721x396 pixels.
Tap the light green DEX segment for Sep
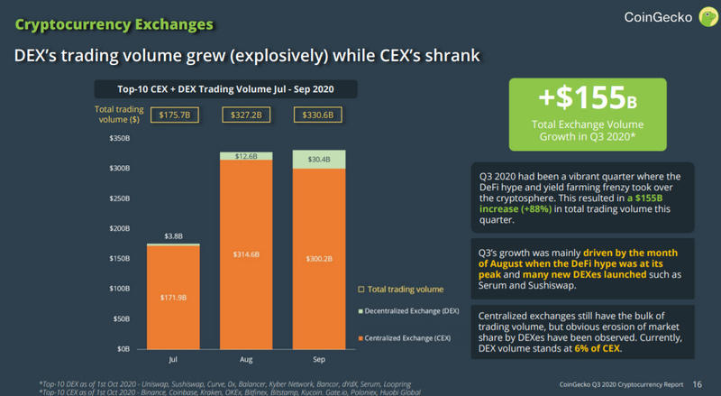320,159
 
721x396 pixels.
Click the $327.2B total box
246,115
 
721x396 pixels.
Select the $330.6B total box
320,115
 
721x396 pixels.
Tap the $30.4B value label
320,159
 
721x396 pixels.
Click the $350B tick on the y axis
120,139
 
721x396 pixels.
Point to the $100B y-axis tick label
120,288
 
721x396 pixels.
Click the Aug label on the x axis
246,358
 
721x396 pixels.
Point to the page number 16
697,382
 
